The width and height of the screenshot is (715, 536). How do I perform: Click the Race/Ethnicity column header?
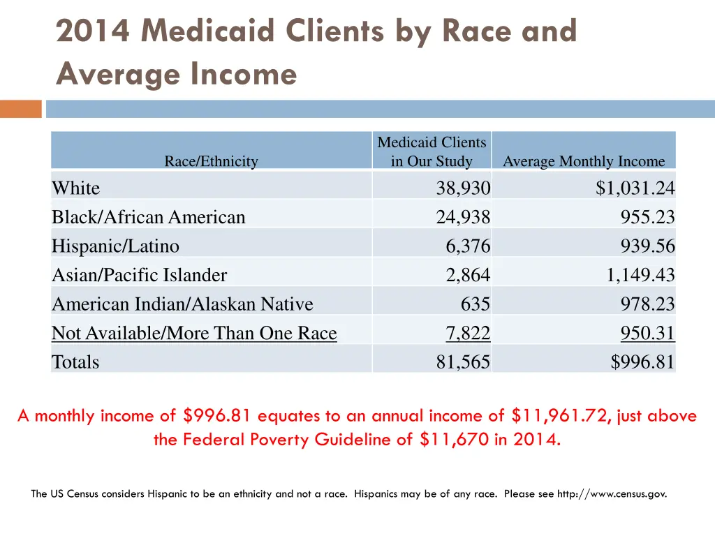[211, 161]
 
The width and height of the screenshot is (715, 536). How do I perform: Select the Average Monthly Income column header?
[584, 161]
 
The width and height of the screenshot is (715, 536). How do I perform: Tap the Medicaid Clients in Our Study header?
[432, 151]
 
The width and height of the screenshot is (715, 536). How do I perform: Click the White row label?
[75, 188]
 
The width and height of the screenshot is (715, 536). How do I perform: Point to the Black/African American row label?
[149, 217]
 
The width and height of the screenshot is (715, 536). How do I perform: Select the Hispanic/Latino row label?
[115, 246]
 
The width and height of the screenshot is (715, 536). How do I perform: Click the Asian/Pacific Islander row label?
[139, 275]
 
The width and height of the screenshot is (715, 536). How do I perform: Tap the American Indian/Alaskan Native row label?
[182, 304]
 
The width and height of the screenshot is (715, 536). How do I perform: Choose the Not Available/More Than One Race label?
[194, 334]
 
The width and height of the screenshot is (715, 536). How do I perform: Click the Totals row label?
[75, 362]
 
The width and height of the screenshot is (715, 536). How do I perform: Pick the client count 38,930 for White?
[463, 188]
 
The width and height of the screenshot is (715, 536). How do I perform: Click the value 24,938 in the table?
[463, 217]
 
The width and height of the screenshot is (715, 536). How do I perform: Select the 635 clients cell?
[475, 304]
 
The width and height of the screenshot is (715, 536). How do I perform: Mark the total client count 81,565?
[463, 362]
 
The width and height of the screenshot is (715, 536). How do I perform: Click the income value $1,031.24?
[635, 188]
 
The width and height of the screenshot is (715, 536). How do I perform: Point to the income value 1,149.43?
[640, 275]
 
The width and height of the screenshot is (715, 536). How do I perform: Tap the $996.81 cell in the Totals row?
[643, 362]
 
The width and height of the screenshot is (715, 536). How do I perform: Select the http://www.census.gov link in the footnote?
[611, 493]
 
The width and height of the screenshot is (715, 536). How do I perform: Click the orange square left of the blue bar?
[20, 109]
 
